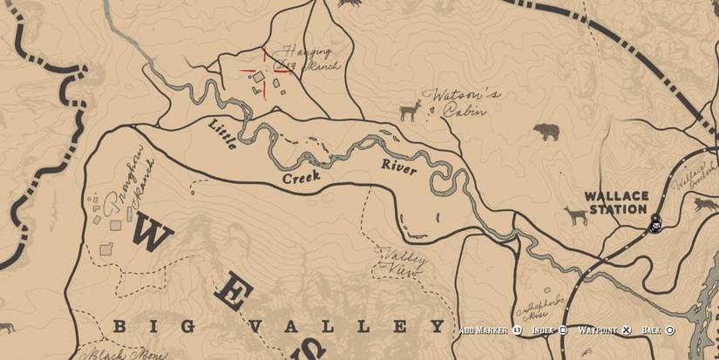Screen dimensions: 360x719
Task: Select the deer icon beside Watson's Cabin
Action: pyautogui.click(x=408, y=112)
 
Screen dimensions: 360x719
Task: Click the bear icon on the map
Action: pyautogui.click(x=546, y=132)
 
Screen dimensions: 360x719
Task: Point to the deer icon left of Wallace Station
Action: pyautogui.click(x=575, y=214)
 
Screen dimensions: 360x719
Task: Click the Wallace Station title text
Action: pyautogui.click(x=617, y=202)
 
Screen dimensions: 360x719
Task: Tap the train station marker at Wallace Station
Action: pyautogui.click(x=655, y=226)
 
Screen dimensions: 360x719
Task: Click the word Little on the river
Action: pyautogui.click(x=223, y=136)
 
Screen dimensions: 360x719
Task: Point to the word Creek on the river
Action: pyautogui.click(x=301, y=177)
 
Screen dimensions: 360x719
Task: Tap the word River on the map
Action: pyautogui.click(x=399, y=167)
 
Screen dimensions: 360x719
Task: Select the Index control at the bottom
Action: pyautogui.click(x=549, y=330)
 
